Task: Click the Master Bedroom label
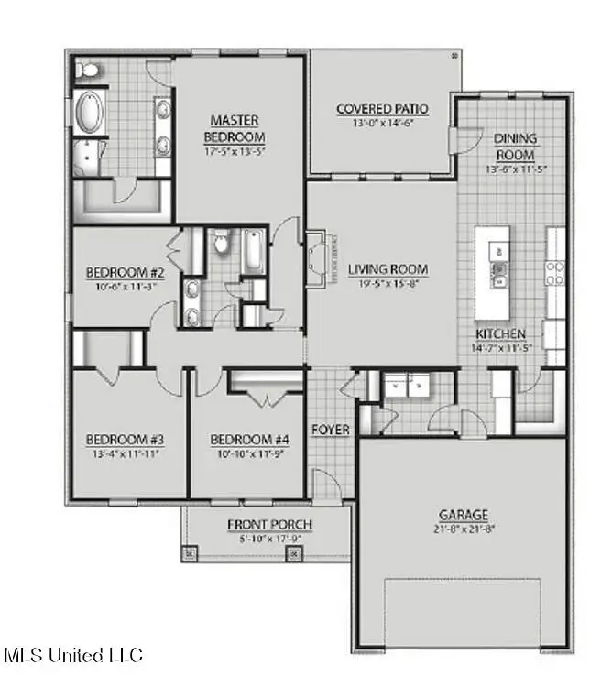(x=235, y=129)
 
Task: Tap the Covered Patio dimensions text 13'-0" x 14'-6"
(x=382, y=125)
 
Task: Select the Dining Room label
(x=516, y=146)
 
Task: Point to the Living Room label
(x=388, y=269)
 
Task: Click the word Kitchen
(x=500, y=333)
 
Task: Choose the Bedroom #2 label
(x=125, y=272)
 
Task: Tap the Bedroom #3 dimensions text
(x=125, y=453)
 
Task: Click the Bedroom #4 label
(x=246, y=438)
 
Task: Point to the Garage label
(x=463, y=515)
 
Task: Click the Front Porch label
(x=270, y=525)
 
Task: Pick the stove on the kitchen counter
(x=556, y=270)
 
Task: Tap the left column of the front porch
(x=191, y=553)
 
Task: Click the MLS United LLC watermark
(x=74, y=655)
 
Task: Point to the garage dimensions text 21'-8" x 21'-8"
(x=463, y=529)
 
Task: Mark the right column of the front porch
(x=294, y=553)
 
